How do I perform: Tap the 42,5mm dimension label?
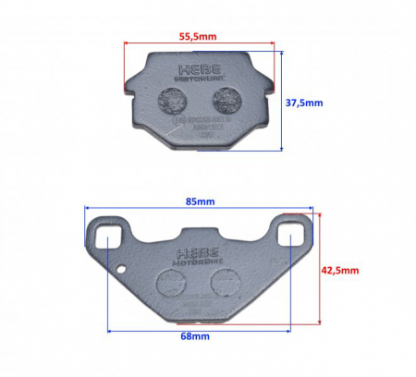(339, 271)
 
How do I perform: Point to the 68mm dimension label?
(193, 337)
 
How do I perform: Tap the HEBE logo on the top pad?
(197, 71)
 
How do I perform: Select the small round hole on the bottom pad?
(122, 270)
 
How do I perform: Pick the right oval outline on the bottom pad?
(221, 280)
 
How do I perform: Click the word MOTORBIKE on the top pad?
(197, 81)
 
